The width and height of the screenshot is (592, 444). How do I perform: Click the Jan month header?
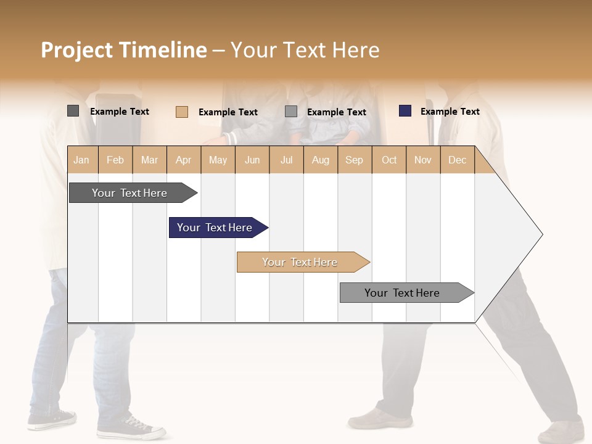pos(81,160)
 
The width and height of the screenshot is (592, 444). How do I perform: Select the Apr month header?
pos(183,160)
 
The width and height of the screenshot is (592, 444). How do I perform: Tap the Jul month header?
pos(286,160)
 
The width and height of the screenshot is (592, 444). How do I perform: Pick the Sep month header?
pos(354,160)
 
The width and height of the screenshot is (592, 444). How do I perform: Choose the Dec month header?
pos(457,160)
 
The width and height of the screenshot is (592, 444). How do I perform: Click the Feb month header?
pos(115,160)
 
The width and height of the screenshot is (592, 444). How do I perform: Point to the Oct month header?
pos(389,160)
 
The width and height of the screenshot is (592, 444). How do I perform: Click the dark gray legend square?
pos(73,111)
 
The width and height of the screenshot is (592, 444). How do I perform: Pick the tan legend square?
pos(181,112)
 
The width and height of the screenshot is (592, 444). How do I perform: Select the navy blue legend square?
pos(405,111)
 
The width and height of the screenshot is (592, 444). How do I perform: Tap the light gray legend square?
pos(291,112)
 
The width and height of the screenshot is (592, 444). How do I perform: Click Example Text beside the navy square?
pos(450,112)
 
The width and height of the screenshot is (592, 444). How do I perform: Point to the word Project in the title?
pos(77,50)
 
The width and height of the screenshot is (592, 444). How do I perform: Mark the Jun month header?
pos(252,160)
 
